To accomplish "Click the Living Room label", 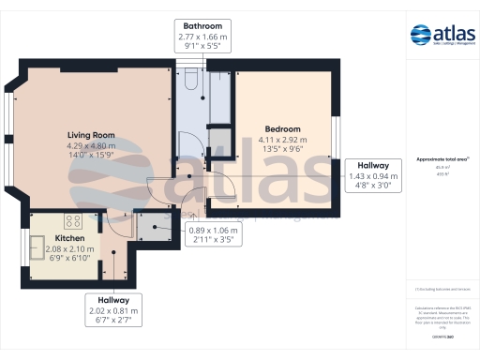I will click(x=91, y=134).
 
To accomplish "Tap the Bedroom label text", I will click(x=282, y=128).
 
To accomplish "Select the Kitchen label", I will click(x=70, y=239).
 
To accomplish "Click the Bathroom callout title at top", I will click(x=202, y=24).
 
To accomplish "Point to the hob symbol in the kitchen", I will click(x=70, y=221).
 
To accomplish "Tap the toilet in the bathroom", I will click(x=190, y=82).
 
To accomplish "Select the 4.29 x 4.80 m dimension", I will click(x=91, y=145).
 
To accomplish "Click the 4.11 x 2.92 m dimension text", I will click(x=282, y=140).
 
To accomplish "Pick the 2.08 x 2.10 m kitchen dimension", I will click(x=70, y=249).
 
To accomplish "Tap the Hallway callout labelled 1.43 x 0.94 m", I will click(x=374, y=175).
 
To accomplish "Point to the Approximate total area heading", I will click(x=442, y=159).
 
